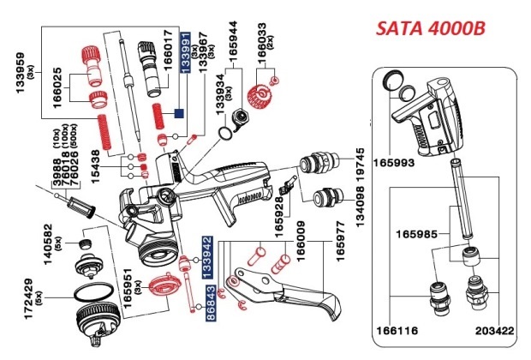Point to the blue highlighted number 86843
click(x=206, y=306)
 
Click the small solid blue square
click(x=179, y=111)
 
